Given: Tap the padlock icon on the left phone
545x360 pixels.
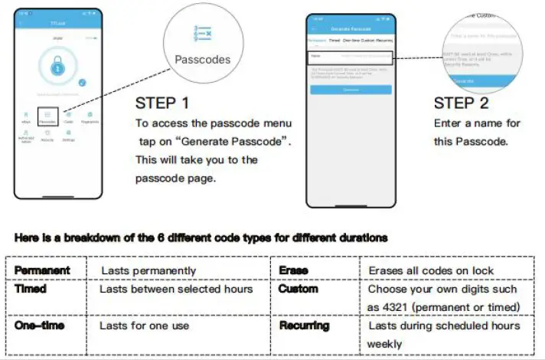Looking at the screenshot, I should (59, 69).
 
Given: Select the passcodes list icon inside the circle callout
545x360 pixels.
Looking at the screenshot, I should (203, 34).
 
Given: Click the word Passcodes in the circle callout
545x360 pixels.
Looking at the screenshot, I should (202, 59).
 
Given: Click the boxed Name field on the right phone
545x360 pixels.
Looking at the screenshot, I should (350, 57).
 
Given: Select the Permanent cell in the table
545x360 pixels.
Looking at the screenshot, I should (42, 270).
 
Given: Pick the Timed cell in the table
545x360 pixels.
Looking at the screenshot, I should (31, 290).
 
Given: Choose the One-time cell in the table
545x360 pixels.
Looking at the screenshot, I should (39, 326).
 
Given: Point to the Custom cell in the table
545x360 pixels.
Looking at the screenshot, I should (298, 290).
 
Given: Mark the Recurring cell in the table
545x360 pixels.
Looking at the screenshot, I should (304, 326).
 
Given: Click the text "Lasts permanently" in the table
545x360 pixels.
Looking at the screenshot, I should (148, 270).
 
